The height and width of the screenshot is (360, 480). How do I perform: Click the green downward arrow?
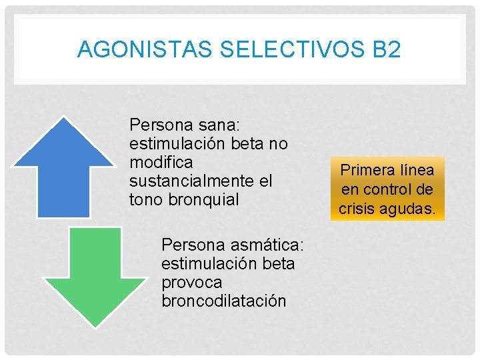94,273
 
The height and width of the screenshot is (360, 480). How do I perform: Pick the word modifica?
161,162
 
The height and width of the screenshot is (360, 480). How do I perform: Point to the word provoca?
192,282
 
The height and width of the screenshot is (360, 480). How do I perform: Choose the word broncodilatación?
223,301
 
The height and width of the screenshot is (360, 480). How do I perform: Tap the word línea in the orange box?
416,170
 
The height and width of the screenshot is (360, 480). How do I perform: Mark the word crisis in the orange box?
357,209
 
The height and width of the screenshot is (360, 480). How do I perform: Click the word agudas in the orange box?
407,209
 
